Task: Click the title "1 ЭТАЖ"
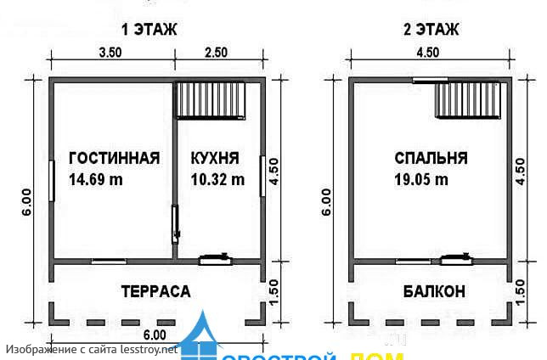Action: coord(149,30)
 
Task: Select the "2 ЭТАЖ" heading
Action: coord(431,30)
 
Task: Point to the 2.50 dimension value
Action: coord(217,52)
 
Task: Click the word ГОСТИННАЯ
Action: coord(114,158)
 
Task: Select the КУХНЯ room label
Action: coord(215,158)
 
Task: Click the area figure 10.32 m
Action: coord(217,179)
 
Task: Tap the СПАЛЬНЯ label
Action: coord(431,158)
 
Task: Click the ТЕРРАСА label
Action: coord(155,291)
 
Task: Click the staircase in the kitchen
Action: coord(211,100)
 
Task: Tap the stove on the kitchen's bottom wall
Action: coord(216,260)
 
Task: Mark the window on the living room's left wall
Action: coord(53,181)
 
